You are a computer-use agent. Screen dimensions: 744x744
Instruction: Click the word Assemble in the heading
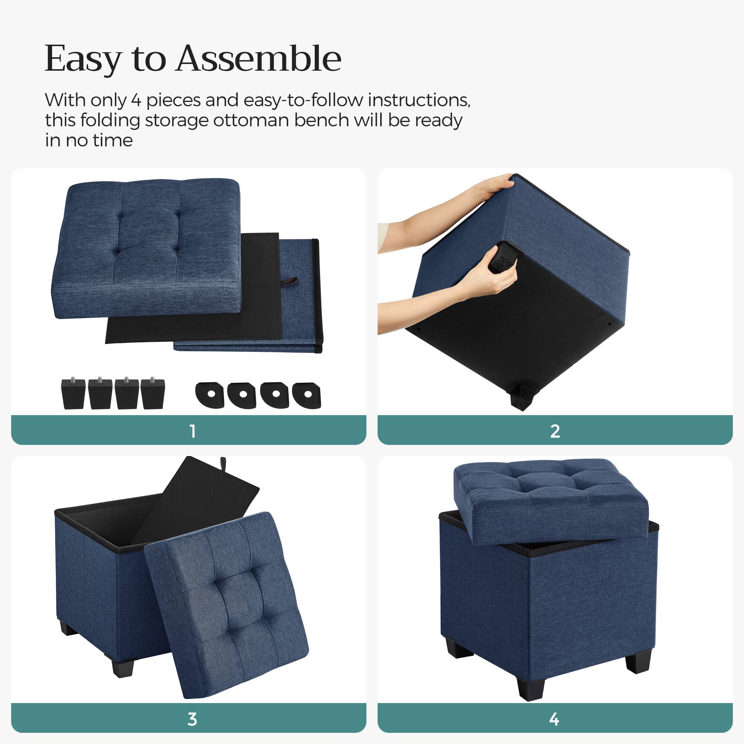click(259, 58)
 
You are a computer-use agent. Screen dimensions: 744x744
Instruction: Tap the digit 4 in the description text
click(136, 100)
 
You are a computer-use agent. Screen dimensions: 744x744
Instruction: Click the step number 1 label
click(193, 431)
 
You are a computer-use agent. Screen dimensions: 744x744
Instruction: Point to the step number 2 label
click(555, 431)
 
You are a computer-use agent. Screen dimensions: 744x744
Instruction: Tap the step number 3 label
click(192, 719)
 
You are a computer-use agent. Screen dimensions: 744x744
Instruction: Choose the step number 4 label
click(554, 719)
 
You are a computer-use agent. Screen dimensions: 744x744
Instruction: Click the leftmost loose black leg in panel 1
click(73, 394)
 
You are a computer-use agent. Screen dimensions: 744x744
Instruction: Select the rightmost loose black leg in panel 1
click(153, 394)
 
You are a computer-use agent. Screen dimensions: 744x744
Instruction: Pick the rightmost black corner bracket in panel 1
click(307, 394)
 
